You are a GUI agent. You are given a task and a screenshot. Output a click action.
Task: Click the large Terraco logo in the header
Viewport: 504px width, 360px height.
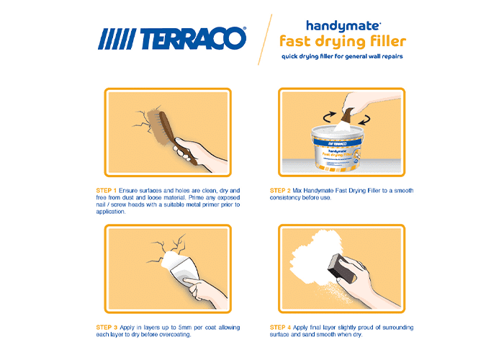click(x=172, y=39)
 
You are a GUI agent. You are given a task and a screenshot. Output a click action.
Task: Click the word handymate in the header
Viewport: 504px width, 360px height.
click(x=343, y=27)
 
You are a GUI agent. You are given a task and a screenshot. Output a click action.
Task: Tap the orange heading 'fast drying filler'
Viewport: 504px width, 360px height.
click(x=343, y=42)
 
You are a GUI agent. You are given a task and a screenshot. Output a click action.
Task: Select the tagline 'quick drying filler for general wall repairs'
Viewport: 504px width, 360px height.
click(x=342, y=57)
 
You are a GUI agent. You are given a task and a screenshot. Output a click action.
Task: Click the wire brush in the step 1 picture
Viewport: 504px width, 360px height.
click(x=167, y=131)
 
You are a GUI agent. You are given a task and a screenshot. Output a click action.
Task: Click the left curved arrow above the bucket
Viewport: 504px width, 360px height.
click(x=329, y=117)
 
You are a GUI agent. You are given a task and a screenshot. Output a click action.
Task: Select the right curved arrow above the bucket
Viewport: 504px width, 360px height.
click(x=364, y=120)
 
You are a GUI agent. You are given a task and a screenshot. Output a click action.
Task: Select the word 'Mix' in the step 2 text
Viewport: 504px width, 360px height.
click(x=297, y=191)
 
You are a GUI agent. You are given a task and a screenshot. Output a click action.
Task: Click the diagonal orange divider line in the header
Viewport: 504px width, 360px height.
click(x=265, y=40)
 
